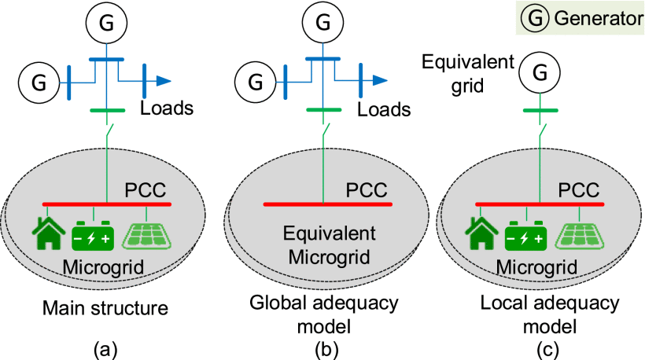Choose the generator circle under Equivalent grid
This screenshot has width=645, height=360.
(x=539, y=73)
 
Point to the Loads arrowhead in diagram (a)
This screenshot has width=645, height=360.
(x=163, y=79)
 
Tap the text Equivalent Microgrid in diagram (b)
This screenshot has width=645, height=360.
(x=321, y=244)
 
